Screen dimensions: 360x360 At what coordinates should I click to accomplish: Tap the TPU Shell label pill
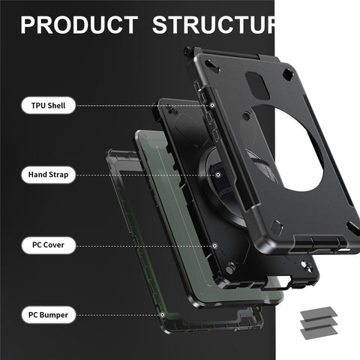tap(49, 106)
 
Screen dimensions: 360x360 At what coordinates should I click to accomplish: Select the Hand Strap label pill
tap(49, 175)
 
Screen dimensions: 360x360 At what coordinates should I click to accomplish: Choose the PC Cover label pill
tap(49, 244)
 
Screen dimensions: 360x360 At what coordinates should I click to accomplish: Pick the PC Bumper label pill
tap(49, 314)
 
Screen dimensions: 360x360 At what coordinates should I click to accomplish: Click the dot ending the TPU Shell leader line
tap(213, 106)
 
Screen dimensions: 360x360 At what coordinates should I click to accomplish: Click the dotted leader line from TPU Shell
tap(142, 106)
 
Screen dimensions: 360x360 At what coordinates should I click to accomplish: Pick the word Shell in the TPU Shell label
tap(56, 106)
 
